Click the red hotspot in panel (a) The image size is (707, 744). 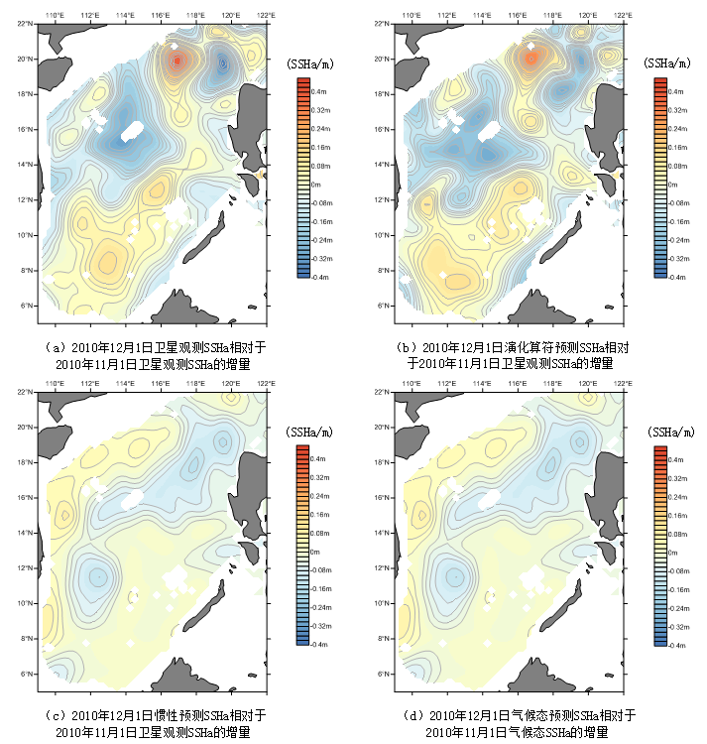(x=177, y=62)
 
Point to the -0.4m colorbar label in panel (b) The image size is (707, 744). (x=678, y=278)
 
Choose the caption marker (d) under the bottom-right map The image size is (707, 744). (x=415, y=715)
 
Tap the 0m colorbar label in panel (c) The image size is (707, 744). (x=316, y=552)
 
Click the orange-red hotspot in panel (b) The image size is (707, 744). (x=530, y=59)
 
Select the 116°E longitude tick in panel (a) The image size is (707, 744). (x=161, y=16)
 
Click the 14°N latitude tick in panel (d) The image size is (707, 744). (x=383, y=533)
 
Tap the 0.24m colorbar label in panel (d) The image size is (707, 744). (x=679, y=495)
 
